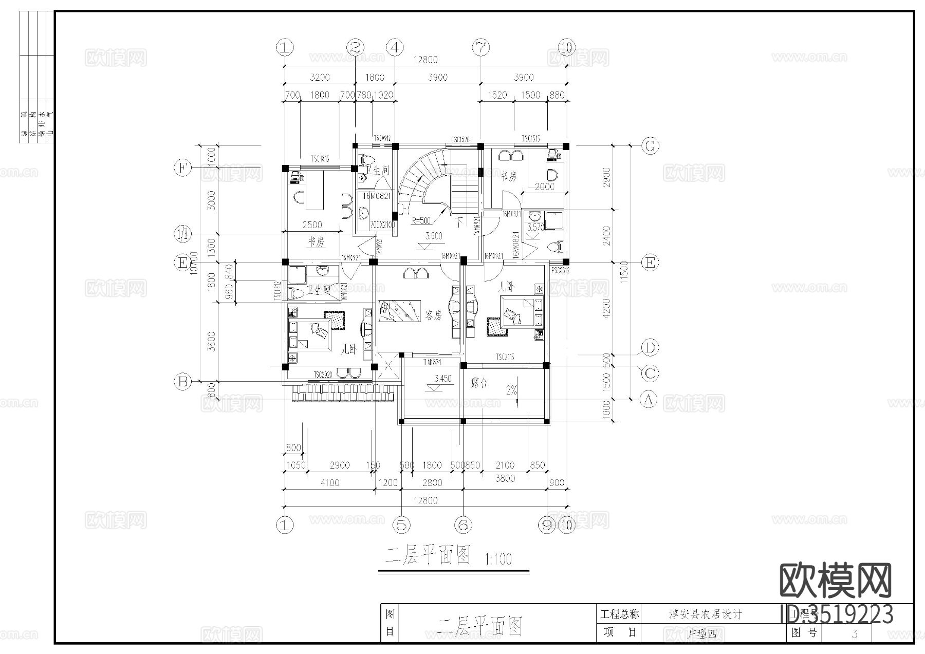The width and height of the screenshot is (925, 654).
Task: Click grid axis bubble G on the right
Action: (650, 146)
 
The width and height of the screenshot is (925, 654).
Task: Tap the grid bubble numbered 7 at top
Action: (480, 48)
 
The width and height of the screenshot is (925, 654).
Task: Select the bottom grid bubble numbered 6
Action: (463, 525)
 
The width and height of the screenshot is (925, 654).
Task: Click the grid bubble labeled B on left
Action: (182, 381)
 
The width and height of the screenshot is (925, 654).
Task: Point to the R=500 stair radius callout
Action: (421, 221)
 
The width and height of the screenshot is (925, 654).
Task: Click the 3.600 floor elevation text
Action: (434, 236)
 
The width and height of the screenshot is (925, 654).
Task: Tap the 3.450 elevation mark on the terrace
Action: (442, 379)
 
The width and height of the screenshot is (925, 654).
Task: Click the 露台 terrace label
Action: (478, 383)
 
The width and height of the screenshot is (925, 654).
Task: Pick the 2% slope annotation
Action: (511, 390)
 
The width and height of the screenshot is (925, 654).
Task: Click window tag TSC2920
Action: (324, 375)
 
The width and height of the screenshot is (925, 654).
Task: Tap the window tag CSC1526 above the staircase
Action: (460, 140)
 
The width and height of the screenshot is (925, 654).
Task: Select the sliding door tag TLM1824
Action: (432, 362)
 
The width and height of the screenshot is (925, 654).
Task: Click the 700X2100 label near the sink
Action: (381, 225)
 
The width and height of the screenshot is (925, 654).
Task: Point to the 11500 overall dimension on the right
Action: (624, 272)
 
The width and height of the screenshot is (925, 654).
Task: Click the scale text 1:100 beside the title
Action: (498, 559)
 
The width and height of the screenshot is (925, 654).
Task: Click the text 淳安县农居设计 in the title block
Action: (705, 614)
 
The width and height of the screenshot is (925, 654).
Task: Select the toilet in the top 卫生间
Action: (367, 159)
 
